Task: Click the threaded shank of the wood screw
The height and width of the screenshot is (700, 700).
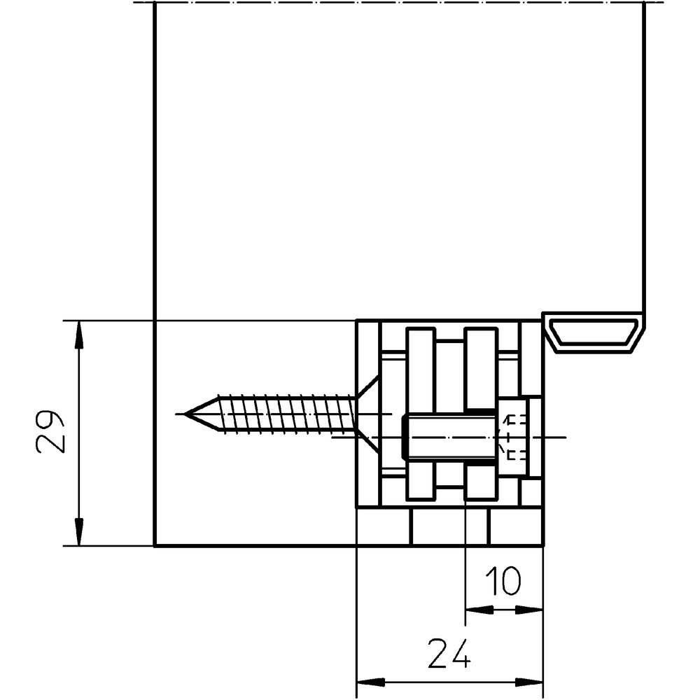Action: [x=287, y=414]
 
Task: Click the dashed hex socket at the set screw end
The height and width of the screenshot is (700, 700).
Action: [x=514, y=437]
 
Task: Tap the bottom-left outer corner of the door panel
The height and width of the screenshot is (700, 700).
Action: [x=154, y=545]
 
